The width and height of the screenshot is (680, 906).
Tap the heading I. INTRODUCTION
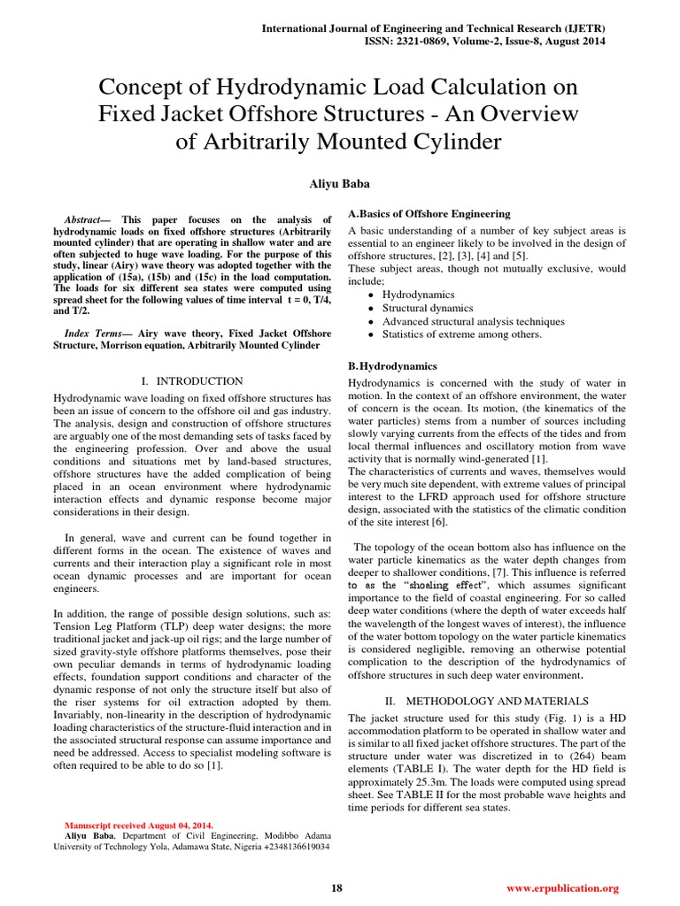192,380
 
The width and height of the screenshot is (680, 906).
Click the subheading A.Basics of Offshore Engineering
429,214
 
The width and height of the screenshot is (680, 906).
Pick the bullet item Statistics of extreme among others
461,334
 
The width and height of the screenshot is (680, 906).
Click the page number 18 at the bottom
336,888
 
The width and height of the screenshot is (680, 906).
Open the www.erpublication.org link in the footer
562,888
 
